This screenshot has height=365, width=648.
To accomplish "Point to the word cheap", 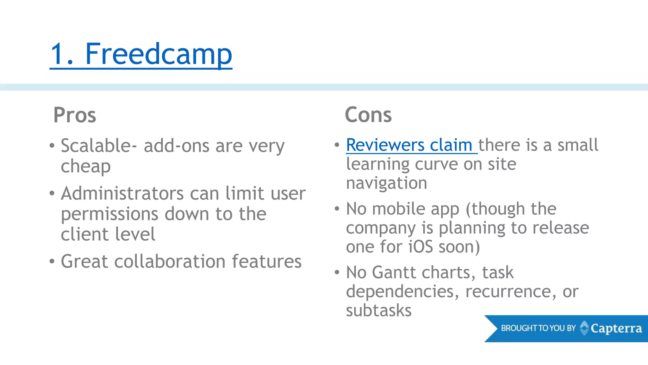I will pyautogui.click(x=86, y=166).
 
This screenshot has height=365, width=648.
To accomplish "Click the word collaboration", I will pyautogui.click(x=170, y=261).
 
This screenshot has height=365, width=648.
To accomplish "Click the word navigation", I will pyautogui.click(x=387, y=183).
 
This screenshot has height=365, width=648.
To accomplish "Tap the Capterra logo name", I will pyautogui.click(x=616, y=329).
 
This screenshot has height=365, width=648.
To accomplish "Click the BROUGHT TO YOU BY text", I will pyautogui.click(x=538, y=328).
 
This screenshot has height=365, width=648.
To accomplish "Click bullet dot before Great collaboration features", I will pyautogui.click(x=52, y=261).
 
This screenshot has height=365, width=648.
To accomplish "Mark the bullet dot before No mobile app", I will pyautogui.click(x=337, y=208).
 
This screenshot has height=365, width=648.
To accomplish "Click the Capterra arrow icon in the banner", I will pyautogui.click(x=584, y=328).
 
